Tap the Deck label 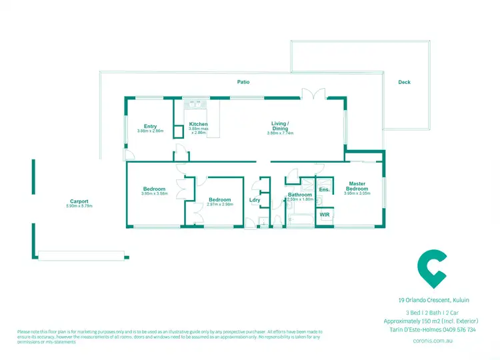point(404,82)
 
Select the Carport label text point(79,201)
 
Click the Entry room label point(150,126)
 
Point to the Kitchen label point(199,124)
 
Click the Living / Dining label point(280,125)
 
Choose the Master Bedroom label point(356,186)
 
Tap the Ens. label point(324,190)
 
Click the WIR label point(324,215)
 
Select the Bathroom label point(300,195)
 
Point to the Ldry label point(255,200)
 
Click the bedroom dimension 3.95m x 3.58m point(154,194)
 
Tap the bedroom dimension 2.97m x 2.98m point(219,205)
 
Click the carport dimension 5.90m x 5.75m point(79,206)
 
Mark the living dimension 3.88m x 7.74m point(280,133)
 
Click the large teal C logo point(431,267)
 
